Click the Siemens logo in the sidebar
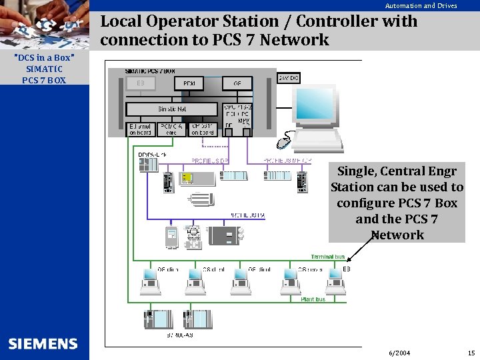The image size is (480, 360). [43, 344]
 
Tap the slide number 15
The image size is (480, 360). [471, 352]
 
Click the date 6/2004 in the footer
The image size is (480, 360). [399, 352]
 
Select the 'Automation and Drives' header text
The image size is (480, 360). [421, 5]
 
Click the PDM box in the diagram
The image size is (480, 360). [189, 83]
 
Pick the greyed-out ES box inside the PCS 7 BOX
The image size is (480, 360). [141, 83]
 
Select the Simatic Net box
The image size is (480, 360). [172, 108]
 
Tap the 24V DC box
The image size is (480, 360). [289, 78]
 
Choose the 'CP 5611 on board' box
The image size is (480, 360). [203, 129]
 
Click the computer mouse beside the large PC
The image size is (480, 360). [285, 142]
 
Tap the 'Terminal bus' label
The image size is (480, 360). [327, 257]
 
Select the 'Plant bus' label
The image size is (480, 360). [313, 299]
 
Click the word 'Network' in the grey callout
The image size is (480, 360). [397, 235]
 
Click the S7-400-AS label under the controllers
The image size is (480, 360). [179, 335]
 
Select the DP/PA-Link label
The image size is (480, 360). [151, 155]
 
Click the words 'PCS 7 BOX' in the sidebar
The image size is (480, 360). [44, 80]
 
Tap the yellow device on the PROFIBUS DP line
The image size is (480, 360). [187, 178]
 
